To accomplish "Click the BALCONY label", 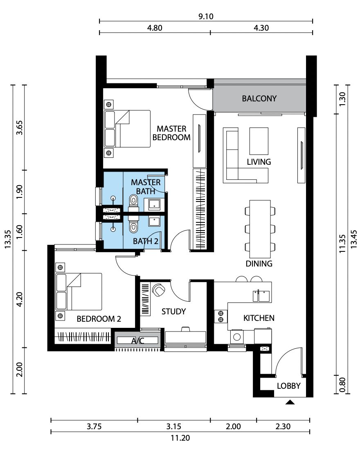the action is (x=259, y=99).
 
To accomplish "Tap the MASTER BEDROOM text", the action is (x=171, y=133).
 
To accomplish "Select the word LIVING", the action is (x=259, y=162).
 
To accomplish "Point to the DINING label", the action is (x=259, y=264).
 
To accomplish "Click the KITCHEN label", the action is (x=259, y=318).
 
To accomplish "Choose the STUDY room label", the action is (x=173, y=311).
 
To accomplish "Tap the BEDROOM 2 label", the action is (x=99, y=319).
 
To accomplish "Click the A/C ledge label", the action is (x=137, y=341).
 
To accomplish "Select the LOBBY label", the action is (x=288, y=386).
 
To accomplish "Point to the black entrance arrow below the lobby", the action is (x=290, y=402).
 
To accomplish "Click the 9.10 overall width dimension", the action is (x=206, y=16).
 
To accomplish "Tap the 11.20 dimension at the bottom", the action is (x=180, y=438).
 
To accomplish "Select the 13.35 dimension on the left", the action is (x=8, y=239).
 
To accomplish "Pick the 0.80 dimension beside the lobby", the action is (x=342, y=385).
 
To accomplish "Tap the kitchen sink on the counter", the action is (x=261, y=296).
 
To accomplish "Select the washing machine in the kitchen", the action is (x=237, y=337).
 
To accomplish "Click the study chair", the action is (x=158, y=290).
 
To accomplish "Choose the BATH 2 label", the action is (x=146, y=241).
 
